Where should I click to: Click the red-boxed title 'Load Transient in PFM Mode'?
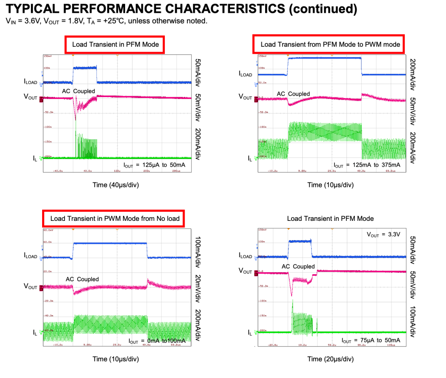(x=115, y=44)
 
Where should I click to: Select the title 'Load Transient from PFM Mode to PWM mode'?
(x=330, y=44)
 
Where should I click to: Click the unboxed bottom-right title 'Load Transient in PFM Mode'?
(x=330, y=218)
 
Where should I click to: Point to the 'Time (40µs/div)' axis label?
(x=116, y=185)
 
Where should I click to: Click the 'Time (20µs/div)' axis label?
(x=330, y=359)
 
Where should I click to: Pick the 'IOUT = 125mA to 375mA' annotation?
(x=366, y=165)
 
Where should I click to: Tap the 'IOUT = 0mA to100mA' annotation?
(x=157, y=341)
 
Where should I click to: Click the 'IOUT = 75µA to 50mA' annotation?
(x=370, y=340)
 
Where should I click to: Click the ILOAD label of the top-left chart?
(x=31, y=82)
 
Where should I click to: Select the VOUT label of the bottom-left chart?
(x=31, y=287)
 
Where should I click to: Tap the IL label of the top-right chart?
(x=250, y=158)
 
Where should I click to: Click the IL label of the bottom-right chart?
(x=250, y=333)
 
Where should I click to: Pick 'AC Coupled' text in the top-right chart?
(x=293, y=94)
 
